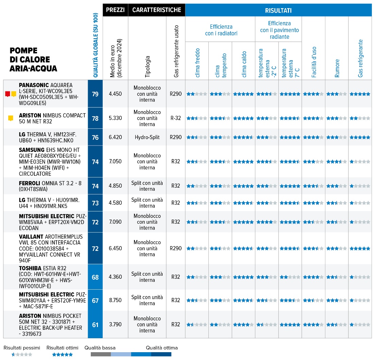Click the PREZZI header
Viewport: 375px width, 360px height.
coord(115,10)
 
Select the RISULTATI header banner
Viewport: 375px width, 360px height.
coord(278,11)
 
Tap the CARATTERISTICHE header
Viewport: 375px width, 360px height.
coord(156,10)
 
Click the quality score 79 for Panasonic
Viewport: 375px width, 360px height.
coord(95,94)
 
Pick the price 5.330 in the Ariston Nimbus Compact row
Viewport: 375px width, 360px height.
coord(115,118)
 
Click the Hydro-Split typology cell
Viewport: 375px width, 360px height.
coord(147,137)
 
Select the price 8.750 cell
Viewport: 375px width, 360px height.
coord(115,300)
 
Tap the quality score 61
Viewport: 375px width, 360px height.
coord(95,325)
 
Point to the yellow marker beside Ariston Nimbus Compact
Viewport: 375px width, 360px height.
coord(11,118)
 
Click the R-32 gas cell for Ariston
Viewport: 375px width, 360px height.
coord(175,118)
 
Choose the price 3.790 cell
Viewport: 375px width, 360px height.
coord(115,325)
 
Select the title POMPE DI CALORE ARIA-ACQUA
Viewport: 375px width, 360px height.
coord(33,60)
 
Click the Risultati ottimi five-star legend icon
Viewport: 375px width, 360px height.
coord(62,355)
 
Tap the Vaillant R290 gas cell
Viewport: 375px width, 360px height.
coord(175,248)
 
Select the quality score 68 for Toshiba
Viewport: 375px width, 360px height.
coord(95,277)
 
